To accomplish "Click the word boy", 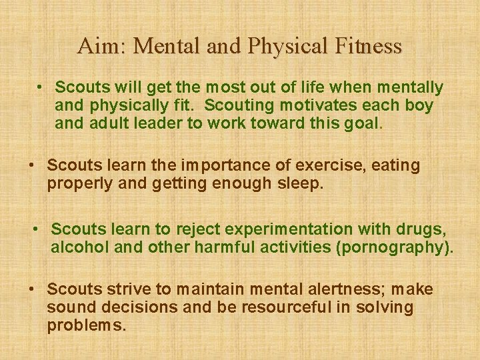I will (419, 105).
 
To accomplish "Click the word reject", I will (198, 229).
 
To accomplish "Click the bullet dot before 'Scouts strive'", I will (31, 289).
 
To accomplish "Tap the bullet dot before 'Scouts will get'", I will (40, 87).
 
